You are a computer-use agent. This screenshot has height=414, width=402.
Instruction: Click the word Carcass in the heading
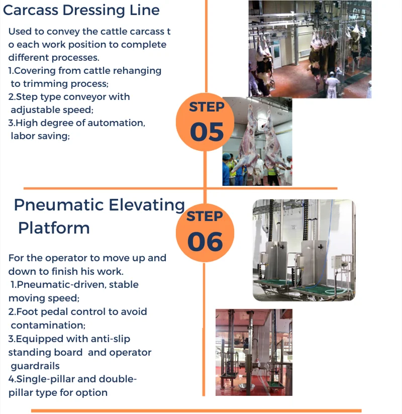pos(31,10)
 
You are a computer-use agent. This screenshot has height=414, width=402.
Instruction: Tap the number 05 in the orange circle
pos(207,132)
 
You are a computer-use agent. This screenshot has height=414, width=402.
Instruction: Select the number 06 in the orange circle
pos(205,241)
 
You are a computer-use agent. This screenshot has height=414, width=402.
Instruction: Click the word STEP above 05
pos(207,107)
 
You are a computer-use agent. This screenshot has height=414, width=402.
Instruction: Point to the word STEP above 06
pos(205,216)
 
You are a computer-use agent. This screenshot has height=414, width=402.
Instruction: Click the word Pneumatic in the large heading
pos(59,205)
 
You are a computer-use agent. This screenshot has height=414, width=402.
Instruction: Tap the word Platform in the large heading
pos(54,228)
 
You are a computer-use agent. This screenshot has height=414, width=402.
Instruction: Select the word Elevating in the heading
pos(147,205)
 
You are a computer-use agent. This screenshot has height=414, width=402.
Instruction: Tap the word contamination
pos(48,325)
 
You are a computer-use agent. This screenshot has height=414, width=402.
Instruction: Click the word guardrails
pos(35,366)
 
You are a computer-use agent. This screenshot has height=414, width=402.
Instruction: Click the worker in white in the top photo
pos(331,84)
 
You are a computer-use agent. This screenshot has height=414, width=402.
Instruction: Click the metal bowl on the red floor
pos(246,387)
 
